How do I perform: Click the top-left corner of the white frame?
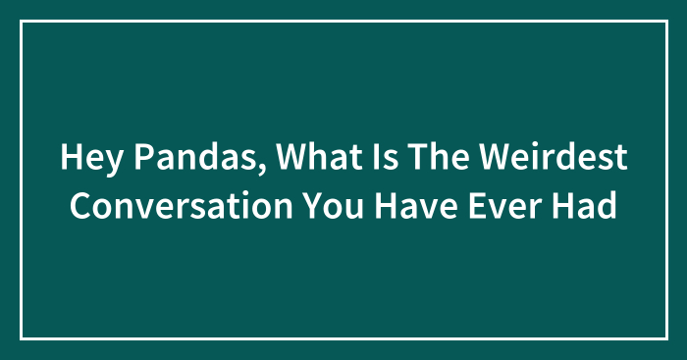tap(22, 21)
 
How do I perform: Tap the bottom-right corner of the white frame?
tap(665, 338)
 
